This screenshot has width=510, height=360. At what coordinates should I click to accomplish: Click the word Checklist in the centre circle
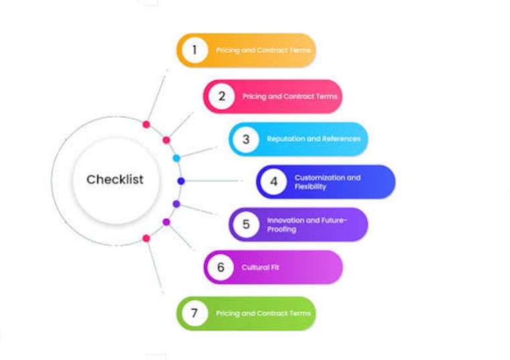(115, 179)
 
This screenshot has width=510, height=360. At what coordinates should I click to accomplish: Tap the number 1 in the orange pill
(195, 50)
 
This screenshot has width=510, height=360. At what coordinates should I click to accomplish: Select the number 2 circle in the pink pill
(222, 96)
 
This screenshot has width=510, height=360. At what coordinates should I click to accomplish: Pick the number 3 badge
(246, 139)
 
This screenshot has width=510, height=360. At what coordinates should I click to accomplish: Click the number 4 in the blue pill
(274, 181)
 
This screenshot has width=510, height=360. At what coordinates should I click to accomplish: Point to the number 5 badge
(246, 224)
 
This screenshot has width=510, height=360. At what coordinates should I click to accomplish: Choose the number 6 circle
(220, 267)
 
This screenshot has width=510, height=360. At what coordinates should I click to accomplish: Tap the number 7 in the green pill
(194, 313)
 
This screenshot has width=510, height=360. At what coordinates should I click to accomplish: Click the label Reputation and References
(313, 139)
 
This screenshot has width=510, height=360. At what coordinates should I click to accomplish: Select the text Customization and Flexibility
(327, 182)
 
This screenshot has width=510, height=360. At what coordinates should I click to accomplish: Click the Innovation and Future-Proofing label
(307, 225)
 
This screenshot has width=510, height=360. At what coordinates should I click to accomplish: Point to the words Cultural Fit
(260, 267)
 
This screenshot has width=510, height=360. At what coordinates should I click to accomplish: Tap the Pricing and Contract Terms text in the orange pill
(263, 50)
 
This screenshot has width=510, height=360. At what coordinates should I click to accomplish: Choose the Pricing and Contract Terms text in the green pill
(263, 313)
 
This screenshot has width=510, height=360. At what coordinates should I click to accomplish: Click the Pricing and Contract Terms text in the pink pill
(290, 96)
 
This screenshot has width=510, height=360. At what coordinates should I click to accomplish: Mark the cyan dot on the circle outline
(176, 158)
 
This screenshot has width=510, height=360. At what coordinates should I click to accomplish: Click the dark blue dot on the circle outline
(181, 181)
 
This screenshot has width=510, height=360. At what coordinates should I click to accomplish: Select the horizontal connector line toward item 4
(213, 181)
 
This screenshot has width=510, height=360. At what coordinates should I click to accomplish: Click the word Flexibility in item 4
(311, 187)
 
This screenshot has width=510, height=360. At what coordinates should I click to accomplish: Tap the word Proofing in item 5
(282, 230)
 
